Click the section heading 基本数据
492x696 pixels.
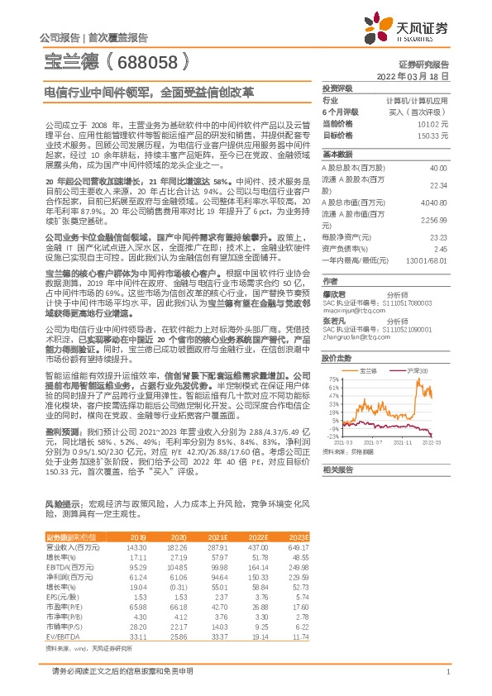337,155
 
